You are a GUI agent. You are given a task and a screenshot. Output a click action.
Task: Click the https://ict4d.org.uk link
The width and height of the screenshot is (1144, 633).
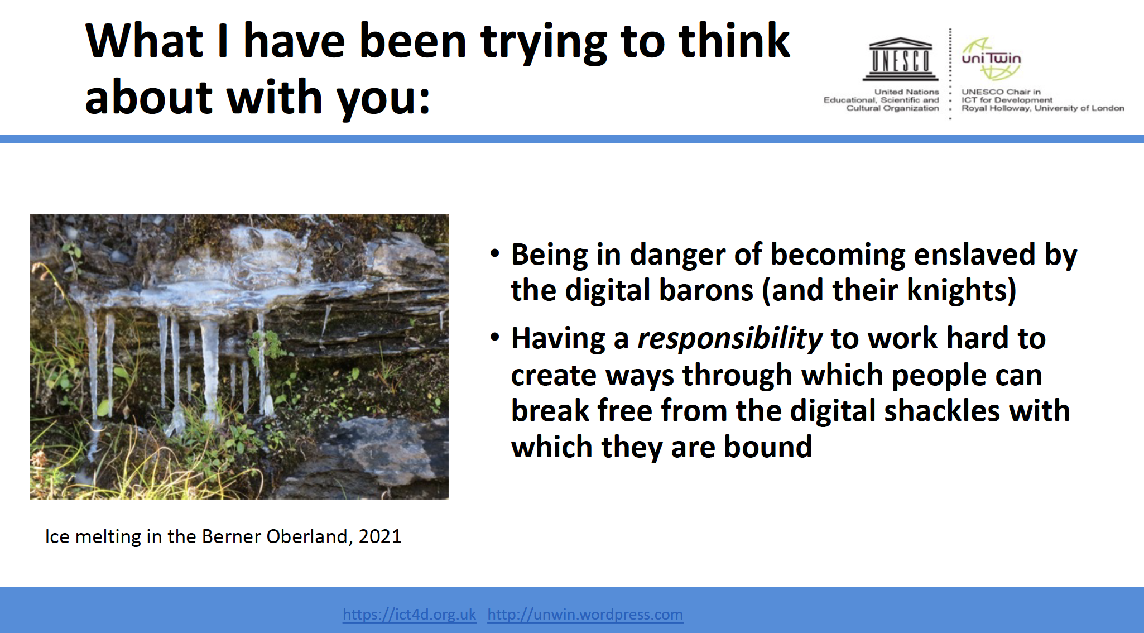pos(409,615)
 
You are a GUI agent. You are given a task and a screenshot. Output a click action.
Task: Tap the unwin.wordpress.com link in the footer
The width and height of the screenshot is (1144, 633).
pos(585,615)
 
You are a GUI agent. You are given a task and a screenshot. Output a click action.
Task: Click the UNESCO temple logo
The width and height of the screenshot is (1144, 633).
pos(900,59)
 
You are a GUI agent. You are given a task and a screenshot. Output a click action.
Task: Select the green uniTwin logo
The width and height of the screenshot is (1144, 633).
pos(991,59)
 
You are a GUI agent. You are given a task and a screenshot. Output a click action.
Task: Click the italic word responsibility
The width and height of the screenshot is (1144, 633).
pos(729,339)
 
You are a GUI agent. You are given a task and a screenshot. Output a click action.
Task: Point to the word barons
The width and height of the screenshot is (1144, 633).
pos(706,290)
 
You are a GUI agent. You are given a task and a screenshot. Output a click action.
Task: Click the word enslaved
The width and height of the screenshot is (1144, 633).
pos(974,255)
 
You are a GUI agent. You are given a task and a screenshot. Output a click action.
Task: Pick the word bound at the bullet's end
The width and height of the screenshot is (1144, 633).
pos(767,447)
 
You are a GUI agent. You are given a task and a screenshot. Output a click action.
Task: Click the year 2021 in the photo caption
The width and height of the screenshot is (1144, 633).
pos(379,536)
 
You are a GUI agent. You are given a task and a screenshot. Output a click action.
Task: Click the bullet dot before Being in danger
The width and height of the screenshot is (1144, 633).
pos(495,254)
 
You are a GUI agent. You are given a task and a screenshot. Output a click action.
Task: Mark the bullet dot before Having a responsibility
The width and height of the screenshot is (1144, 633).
pos(495,338)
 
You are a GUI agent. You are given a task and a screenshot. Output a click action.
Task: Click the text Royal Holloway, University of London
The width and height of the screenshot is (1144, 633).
pos(1042,108)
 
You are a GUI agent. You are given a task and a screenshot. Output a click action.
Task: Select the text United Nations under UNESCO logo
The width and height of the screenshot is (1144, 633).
pos(906,92)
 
